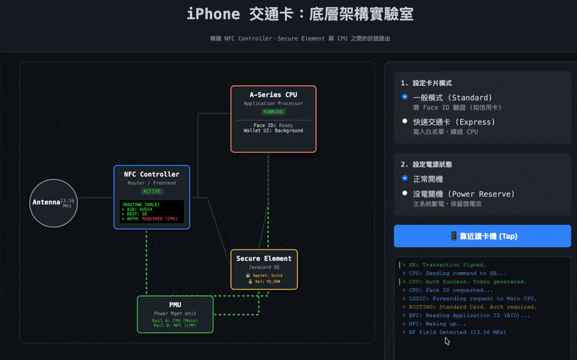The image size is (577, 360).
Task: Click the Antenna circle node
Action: (x=53, y=203)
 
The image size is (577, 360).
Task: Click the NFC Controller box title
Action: (x=152, y=174)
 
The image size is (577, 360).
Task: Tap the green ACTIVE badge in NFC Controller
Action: (x=152, y=191)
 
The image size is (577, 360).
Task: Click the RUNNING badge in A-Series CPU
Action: (x=273, y=112)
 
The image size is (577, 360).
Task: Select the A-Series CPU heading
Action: (x=273, y=95)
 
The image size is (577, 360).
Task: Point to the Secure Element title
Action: (x=264, y=259)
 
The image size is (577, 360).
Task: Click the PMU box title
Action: (x=175, y=305)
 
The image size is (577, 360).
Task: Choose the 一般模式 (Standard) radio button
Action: (x=405, y=97)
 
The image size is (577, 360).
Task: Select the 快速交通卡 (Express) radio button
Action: (x=405, y=121)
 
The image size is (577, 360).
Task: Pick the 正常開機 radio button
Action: (x=405, y=179)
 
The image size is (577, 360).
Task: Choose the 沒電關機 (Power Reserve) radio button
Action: (x=405, y=193)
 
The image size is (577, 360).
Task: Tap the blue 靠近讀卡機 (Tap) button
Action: (x=482, y=236)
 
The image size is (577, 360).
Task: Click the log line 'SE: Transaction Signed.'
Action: (x=447, y=265)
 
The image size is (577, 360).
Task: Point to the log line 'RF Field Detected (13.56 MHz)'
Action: (x=457, y=332)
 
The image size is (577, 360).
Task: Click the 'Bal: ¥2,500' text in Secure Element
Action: (x=265, y=281)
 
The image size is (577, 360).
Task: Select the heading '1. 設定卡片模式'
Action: (x=426, y=83)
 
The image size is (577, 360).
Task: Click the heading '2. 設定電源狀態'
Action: (x=426, y=164)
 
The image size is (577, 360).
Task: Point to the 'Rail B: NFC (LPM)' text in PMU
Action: (x=175, y=325)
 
